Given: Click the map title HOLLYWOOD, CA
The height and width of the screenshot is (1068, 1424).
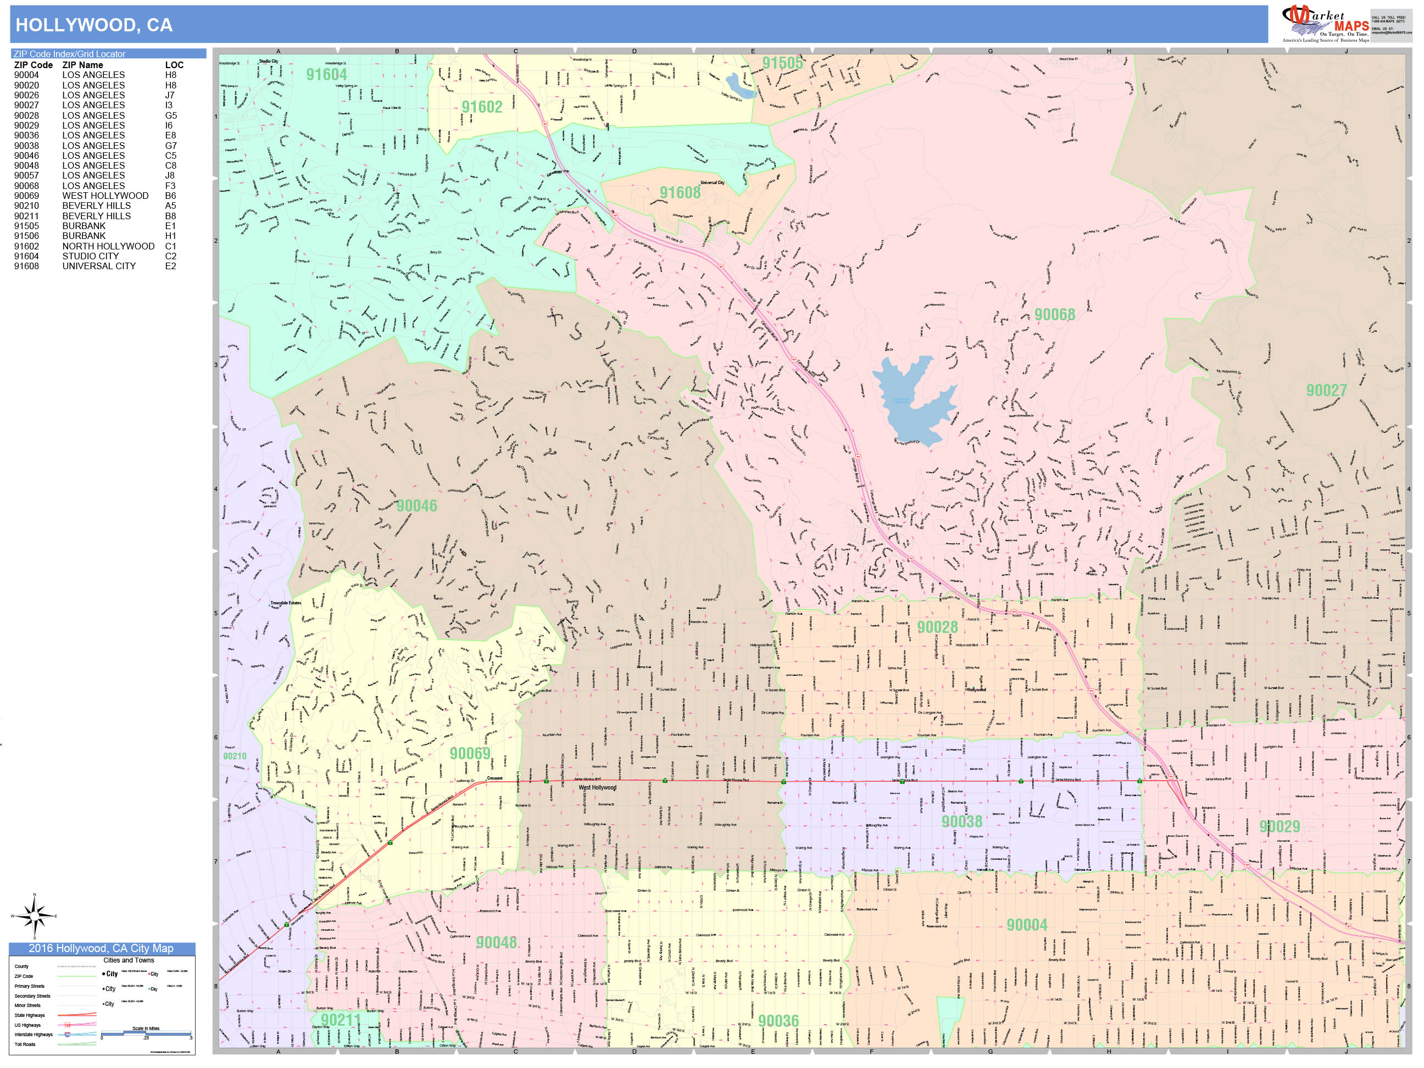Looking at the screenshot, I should [x=94, y=25].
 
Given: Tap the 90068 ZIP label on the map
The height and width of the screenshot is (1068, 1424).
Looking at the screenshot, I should [x=1054, y=315].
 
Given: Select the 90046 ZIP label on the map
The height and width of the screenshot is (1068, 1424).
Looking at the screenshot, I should [x=416, y=506].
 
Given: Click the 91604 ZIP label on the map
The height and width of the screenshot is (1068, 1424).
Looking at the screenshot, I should [x=326, y=75].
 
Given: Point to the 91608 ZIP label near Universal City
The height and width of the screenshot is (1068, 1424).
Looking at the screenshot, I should [x=680, y=192].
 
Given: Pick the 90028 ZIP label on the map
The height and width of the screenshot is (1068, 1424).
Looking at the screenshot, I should [x=937, y=627].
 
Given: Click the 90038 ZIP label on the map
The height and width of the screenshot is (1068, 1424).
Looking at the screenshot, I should [x=962, y=821].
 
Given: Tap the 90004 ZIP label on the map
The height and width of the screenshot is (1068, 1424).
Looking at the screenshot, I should [x=1027, y=925].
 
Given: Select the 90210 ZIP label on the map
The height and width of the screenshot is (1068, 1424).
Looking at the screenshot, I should [x=235, y=756].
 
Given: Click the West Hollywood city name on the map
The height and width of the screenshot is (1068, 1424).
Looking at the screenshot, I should [x=597, y=787].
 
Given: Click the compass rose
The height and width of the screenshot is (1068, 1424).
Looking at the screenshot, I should [x=35, y=915].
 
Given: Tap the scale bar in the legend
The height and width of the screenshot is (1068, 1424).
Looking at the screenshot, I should [x=146, y=1033].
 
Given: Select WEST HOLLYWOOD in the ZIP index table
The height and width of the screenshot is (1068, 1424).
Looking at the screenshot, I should [x=105, y=196].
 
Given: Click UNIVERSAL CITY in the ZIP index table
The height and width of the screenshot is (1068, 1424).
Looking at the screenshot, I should [x=98, y=266].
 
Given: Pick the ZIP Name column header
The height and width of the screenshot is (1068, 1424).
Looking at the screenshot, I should [x=82, y=65].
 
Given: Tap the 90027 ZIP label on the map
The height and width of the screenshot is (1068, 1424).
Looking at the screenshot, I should [x=1326, y=391].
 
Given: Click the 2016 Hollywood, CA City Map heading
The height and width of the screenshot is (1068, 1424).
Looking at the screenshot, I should [x=101, y=948].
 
